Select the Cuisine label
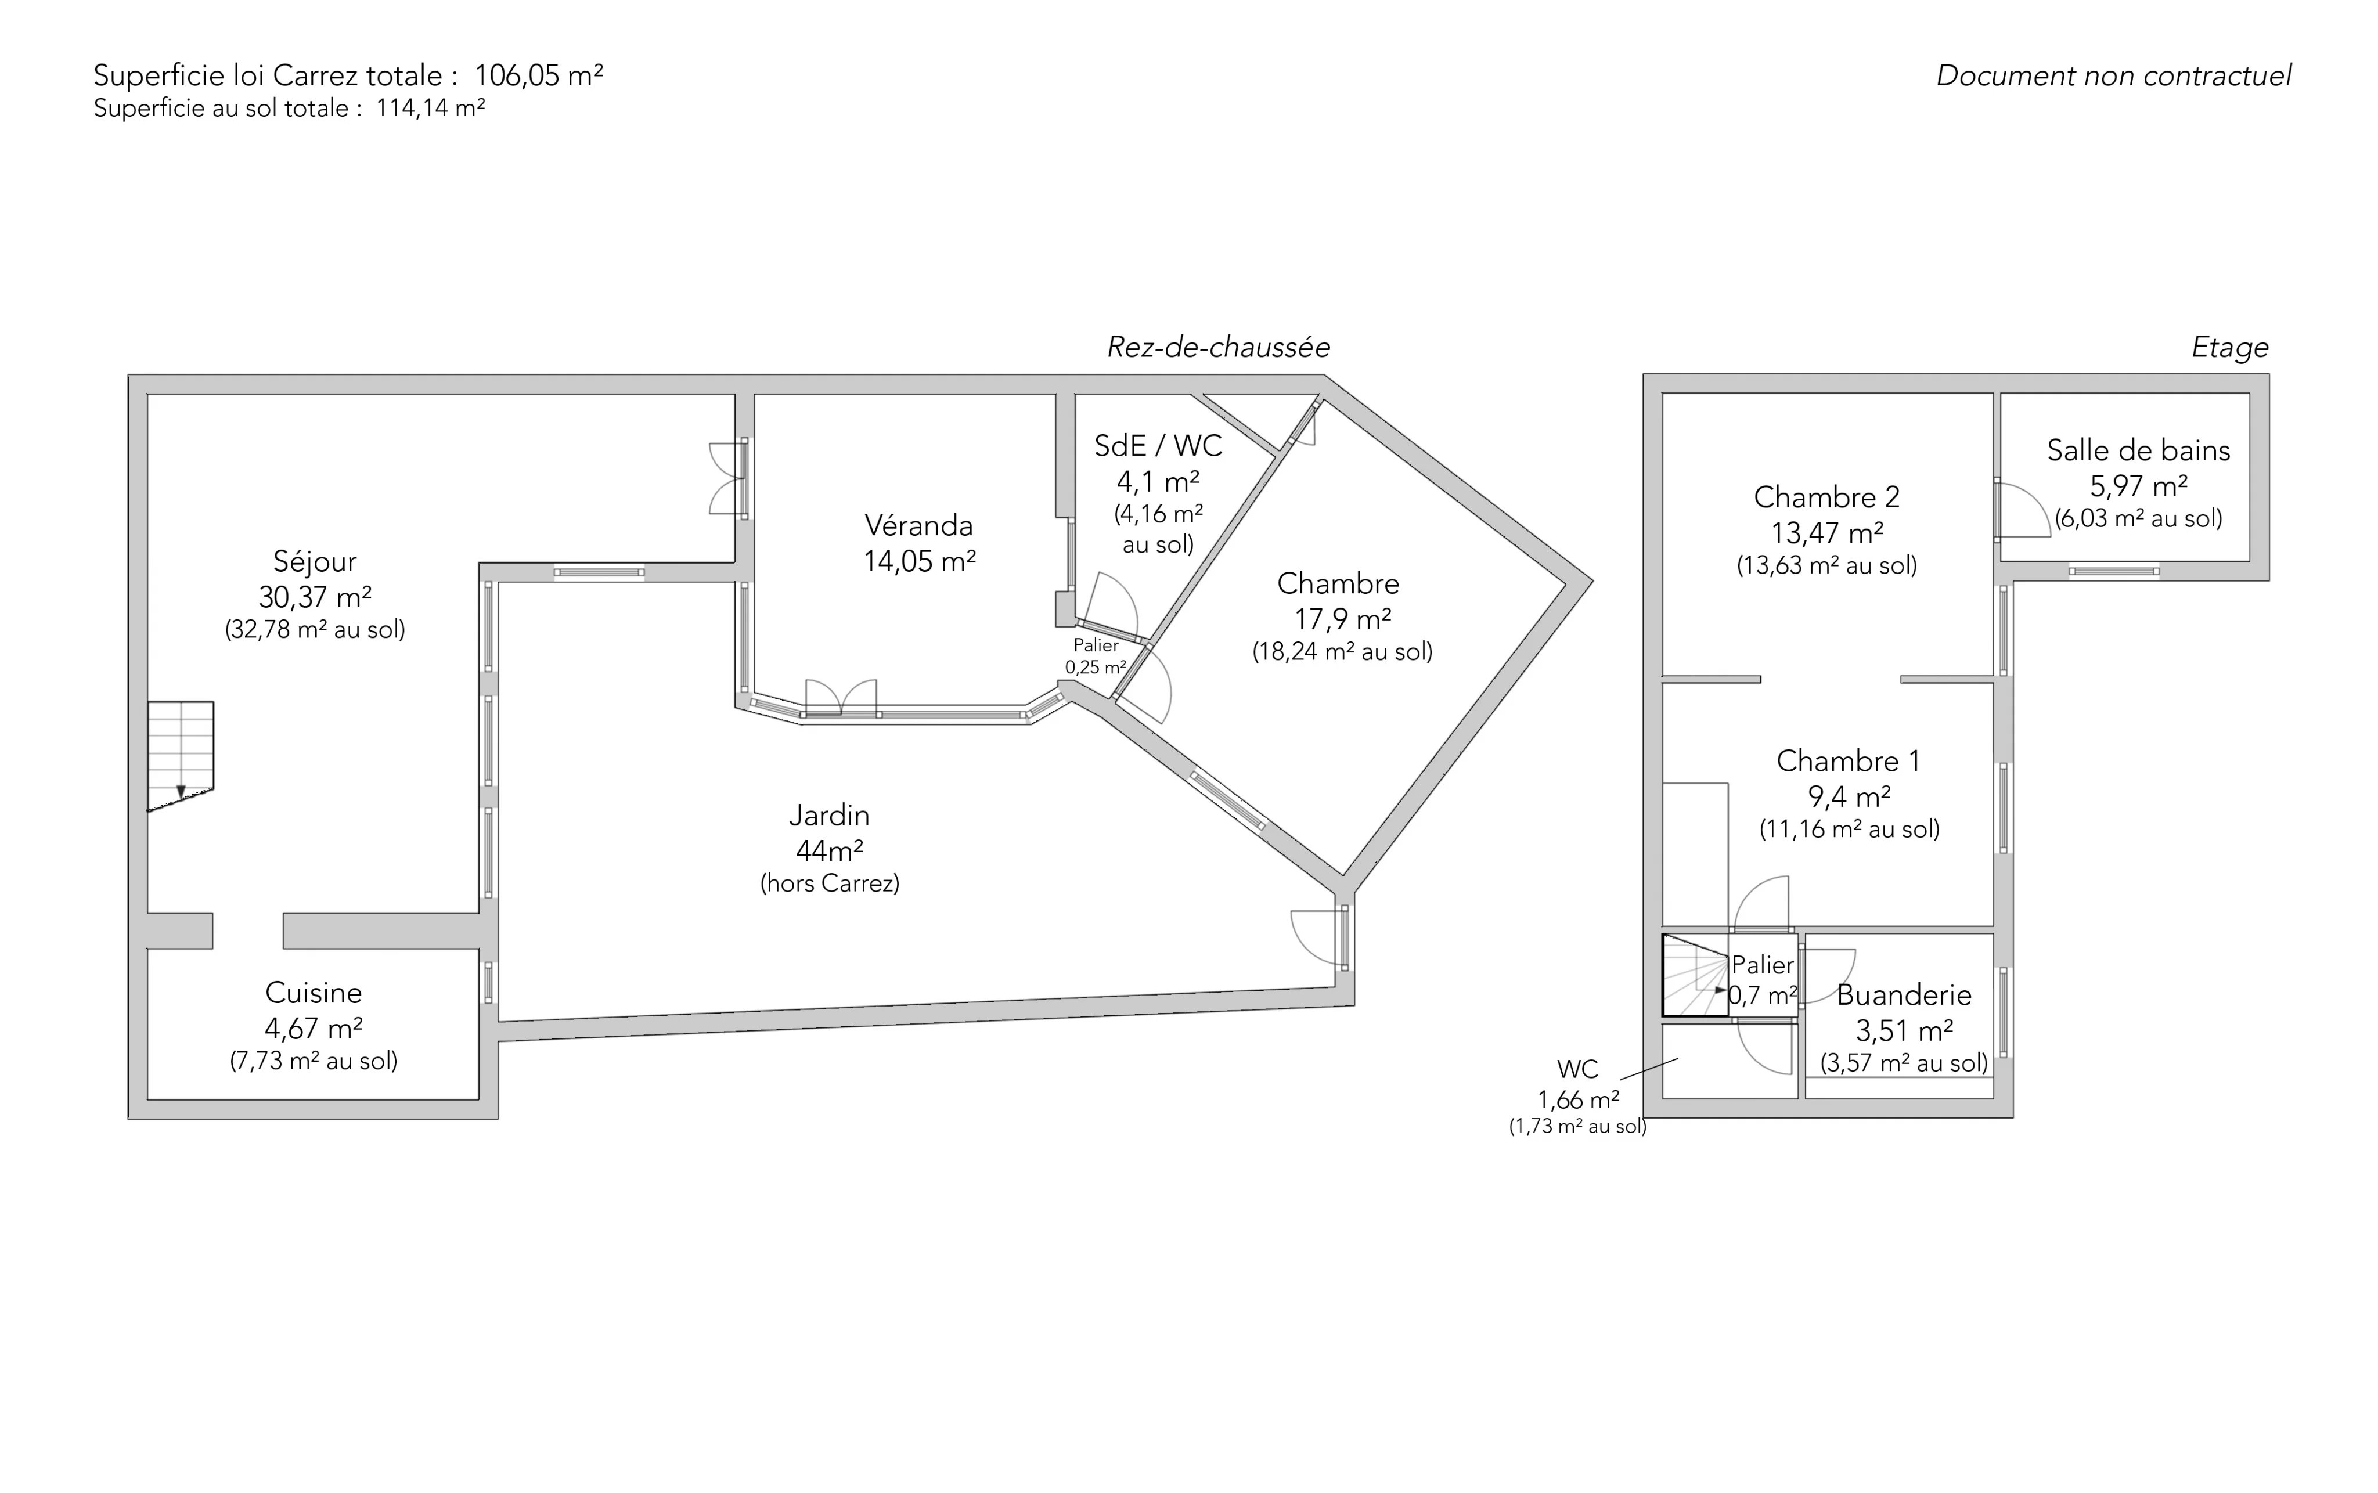[x=314, y=993]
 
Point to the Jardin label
[x=830, y=816]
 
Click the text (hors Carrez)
[x=830, y=883]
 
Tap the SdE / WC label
[x=1158, y=446]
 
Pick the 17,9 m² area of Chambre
[x=1342, y=619]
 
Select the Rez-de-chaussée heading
[x=1219, y=348]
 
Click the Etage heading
[x=2230, y=348]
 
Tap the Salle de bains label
[x=2139, y=450]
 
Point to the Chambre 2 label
[x=1827, y=497]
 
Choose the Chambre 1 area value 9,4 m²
[x=1850, y=796]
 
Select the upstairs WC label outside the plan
[x=1578, y=1069]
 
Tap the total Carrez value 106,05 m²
[x=539, y=75]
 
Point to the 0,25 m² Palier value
[x=1095, y=668]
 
